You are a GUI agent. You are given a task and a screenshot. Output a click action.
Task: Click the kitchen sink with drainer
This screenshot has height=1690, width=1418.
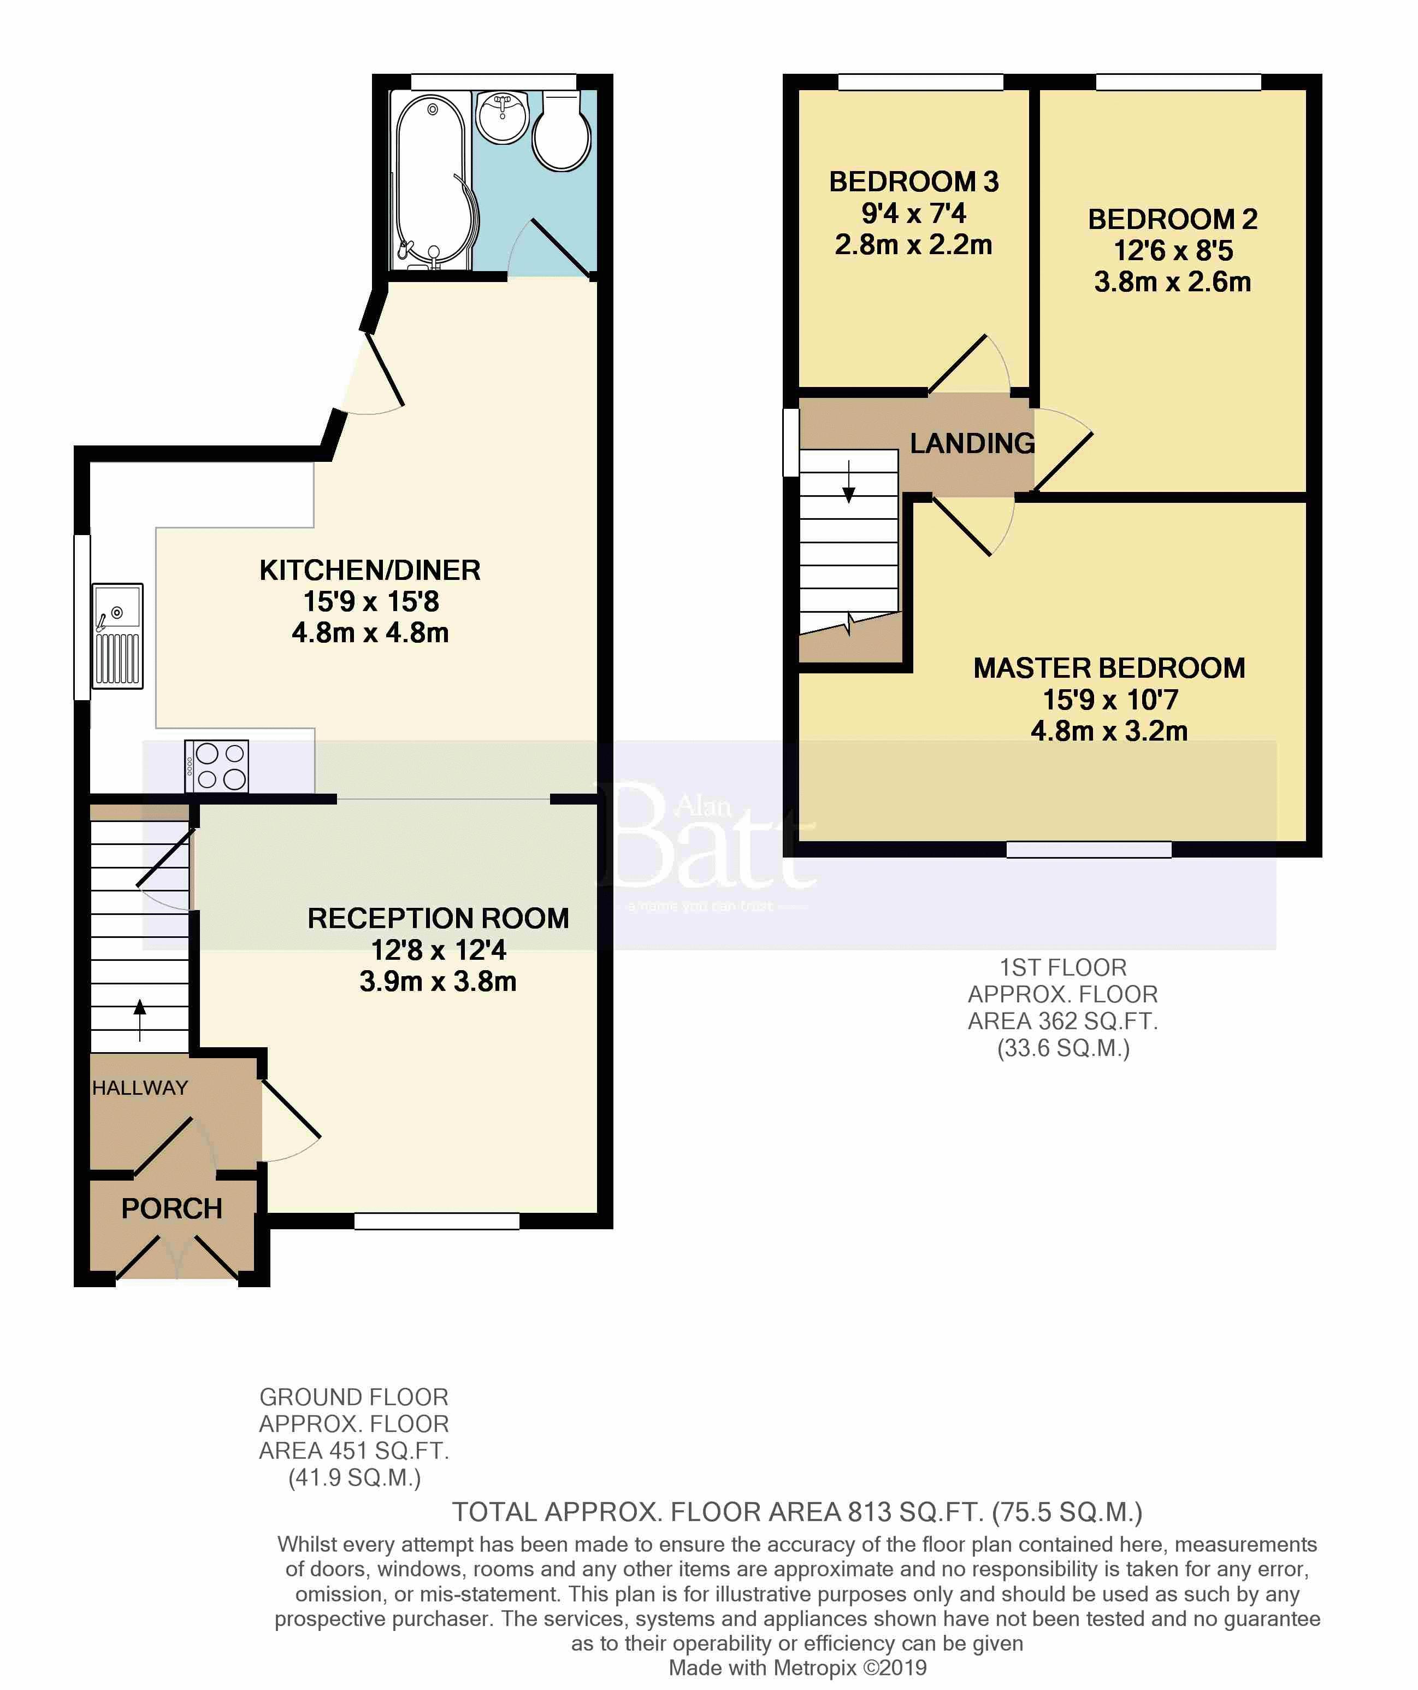pyautogui.click(x=117, y=636)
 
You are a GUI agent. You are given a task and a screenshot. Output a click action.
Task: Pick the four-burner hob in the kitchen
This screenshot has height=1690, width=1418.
pyautogui.click(x=216, y=766)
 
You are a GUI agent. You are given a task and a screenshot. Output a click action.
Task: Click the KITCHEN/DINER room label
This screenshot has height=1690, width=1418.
pyautogui.click(x=370, y=570)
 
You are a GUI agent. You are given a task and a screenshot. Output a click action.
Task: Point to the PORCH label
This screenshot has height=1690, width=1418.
pyautogui.click(x=172, y=1209)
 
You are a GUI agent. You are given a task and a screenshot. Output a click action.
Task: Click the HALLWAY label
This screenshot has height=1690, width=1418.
pyautogui.click(x=140, y=1088)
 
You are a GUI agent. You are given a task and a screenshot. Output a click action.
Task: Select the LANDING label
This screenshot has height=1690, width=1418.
pyautogui.click(x=972, y=443)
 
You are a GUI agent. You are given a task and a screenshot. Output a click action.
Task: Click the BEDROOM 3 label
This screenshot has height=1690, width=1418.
pyautogui.click(x=914, y=182)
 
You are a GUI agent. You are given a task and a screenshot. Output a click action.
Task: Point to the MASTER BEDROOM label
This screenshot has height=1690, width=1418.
pyautogui.click(x=1109, y=668)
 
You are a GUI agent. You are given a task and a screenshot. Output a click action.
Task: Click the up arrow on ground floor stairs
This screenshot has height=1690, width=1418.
pyautogui.click(x=140, y=1020)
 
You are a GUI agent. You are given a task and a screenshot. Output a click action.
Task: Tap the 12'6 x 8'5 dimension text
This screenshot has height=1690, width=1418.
pyautogui.click(x=1173, y=250)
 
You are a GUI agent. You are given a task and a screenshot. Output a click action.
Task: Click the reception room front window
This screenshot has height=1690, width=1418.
pyautogui.click(x=437, y=1221)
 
